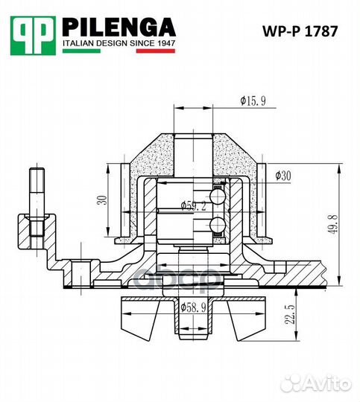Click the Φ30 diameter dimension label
click(282, 176)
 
